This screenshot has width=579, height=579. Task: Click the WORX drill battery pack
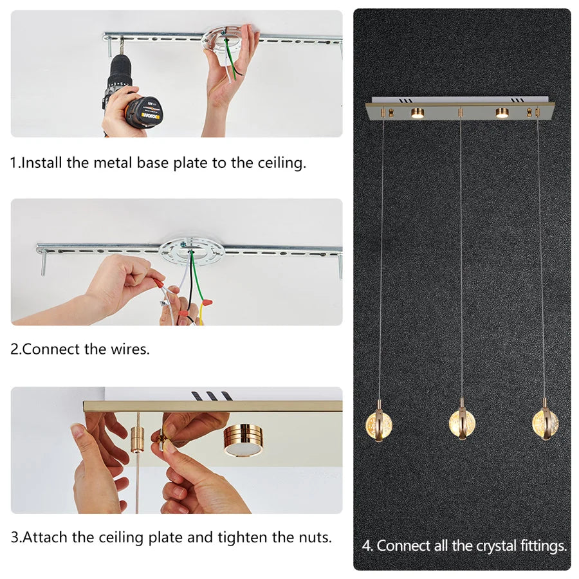(145, 111)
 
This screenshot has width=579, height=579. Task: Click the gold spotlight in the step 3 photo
(243, 440)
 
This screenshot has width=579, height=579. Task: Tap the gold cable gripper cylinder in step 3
(138, 438)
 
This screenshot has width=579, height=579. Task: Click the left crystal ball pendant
(378, 425)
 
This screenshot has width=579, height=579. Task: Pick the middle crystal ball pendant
(462, 423)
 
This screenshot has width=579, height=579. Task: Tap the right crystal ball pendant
(545, 423)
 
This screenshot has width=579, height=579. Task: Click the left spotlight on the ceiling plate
(418, 113)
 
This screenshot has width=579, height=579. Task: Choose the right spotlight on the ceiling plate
(501, 113)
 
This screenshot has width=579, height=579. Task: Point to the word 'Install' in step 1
(41, 163)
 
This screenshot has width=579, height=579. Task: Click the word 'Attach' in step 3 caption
(45, 537)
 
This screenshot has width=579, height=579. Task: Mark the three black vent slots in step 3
(212, 396)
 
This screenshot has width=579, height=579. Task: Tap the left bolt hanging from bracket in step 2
(44, 262)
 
